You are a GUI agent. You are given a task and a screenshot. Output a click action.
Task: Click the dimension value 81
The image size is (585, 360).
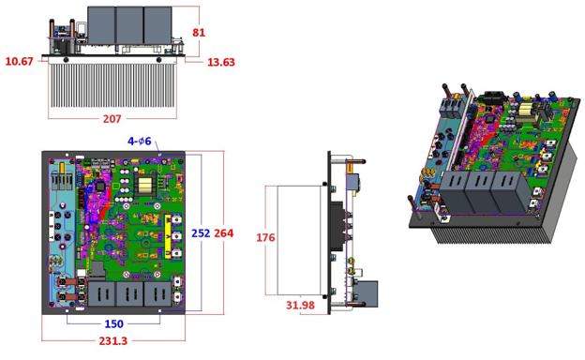(x=199, y=33)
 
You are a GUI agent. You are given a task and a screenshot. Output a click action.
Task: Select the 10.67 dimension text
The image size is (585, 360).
(x=19, y=62)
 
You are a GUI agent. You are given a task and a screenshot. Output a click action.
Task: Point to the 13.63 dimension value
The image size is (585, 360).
(x=220, y=63)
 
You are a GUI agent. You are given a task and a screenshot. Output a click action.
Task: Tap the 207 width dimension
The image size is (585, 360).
(x=112, y=119)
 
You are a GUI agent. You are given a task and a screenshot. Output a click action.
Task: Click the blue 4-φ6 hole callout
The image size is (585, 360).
(x=140, y=142)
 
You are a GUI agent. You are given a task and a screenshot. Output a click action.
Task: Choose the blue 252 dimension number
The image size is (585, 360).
(x=201, y=233)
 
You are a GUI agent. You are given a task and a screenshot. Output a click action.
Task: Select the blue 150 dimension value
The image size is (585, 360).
(x=112, y=323)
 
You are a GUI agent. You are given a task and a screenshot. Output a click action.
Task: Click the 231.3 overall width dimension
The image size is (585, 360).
(x=112, y=341)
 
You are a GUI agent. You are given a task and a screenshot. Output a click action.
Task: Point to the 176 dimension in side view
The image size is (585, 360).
(x=265, y=238)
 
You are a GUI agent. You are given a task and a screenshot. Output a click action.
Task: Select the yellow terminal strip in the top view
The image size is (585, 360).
(x=172, y=235)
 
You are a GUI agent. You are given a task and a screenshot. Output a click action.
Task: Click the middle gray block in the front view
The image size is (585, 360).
(x=129, y=24)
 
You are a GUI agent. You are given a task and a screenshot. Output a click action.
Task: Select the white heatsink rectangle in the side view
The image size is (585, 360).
(x=300, y=238)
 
